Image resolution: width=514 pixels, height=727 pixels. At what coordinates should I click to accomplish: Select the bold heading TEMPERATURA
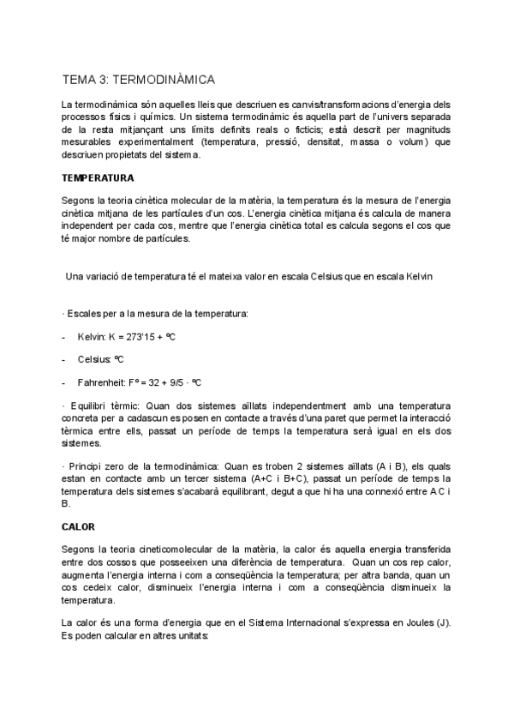pyautogui.click(x=97, y=178)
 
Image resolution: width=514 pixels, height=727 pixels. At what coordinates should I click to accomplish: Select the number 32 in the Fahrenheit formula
pyautogui.click(x=156, y=382)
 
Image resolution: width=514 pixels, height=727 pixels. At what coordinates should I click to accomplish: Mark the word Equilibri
pyautogui.click(x=90, y=406)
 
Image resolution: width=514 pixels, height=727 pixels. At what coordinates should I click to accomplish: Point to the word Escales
pyautogui.click(x=85, y=314)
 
